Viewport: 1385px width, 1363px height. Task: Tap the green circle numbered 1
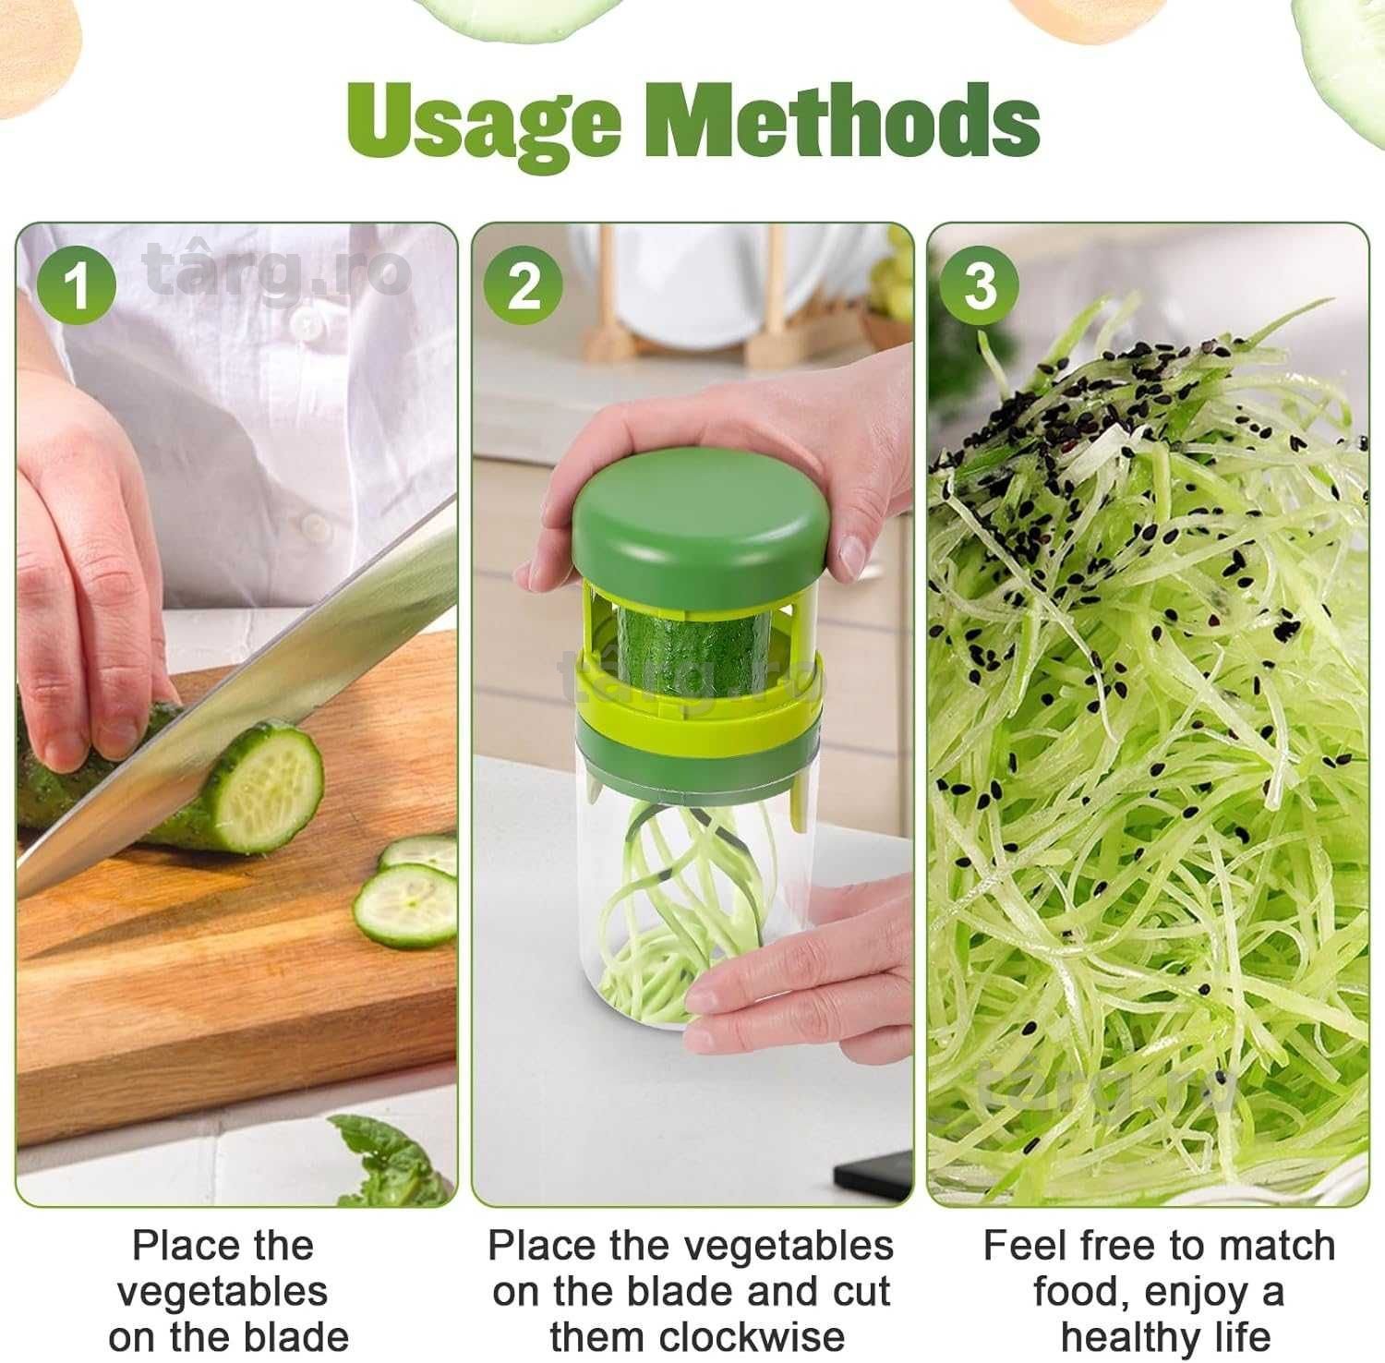(x=78, y=284)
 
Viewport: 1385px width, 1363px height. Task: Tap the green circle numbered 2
(x=524, y=284)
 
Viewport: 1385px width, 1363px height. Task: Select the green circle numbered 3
(x=979, y=284)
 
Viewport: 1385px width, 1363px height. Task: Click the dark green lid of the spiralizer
(x=702, y=526)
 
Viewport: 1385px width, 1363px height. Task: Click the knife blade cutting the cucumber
(x=231, y=702)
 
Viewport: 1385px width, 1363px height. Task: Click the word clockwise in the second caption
(x=697, y=1335)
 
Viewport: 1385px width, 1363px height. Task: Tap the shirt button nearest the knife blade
(x=316, y=527)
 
